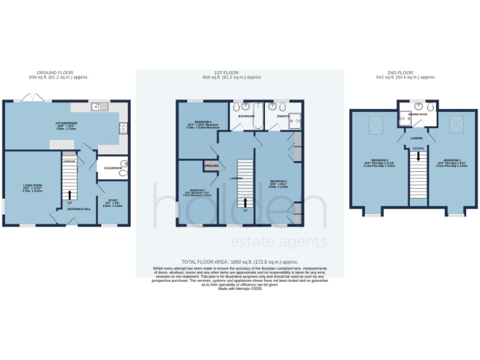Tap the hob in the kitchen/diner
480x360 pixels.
[x=122, y=128]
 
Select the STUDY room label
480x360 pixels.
[x=113, y=201]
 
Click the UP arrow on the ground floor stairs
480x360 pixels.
[x=69, y=196]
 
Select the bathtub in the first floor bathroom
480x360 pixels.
[x=247, y=122]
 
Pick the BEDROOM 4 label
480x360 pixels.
[x=196, y=124]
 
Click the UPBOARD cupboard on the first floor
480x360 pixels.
[x=211, y=166]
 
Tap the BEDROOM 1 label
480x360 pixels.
[x=277, y=183]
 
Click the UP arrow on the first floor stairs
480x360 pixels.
[x=245, y=203]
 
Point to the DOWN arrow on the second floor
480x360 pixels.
[x=418, y=153]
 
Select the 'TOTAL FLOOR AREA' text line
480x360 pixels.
[x=239, y=262]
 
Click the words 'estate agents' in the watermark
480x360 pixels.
[x=279, y=242]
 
